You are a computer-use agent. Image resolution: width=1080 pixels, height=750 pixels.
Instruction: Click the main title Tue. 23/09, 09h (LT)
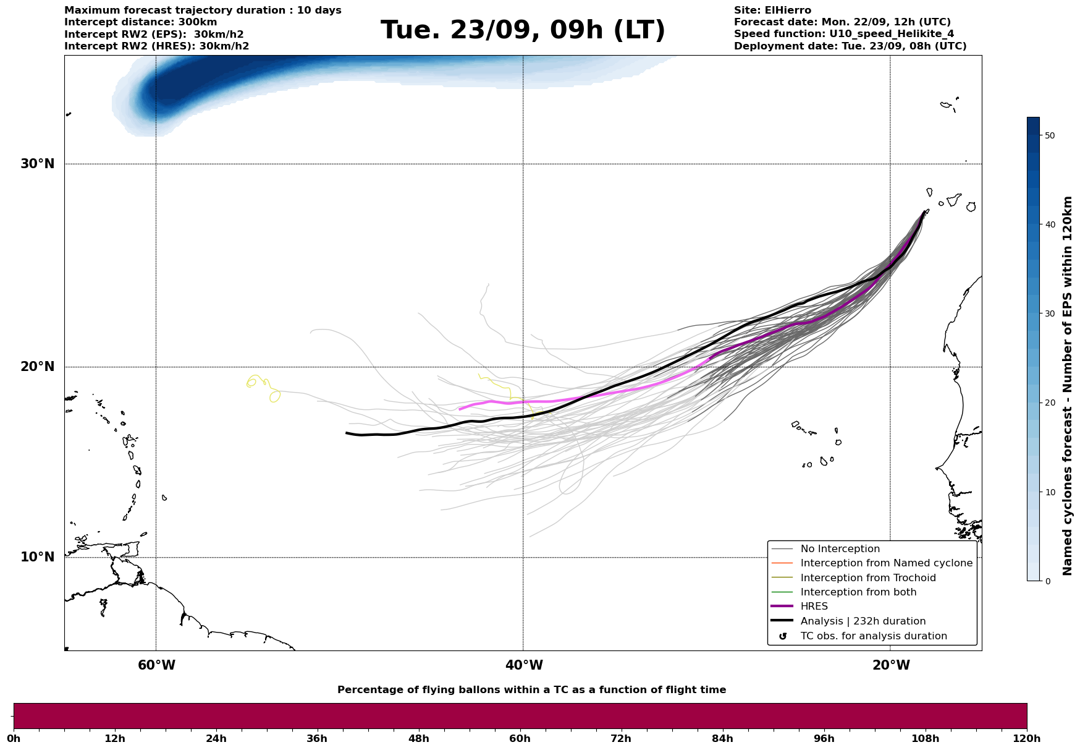coord(523,30)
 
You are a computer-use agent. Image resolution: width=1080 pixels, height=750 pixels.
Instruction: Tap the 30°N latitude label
coord(38,164)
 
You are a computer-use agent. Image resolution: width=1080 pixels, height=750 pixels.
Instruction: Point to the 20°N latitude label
coord(38,367)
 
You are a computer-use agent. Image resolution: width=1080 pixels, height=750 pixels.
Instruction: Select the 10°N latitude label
coord(38,557)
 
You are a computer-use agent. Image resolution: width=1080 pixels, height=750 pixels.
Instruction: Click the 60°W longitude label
coord(156,665)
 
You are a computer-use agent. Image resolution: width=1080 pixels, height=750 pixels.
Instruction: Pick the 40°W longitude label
coord(524,665)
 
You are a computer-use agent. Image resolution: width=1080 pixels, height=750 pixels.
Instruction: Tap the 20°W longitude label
coord(891,665)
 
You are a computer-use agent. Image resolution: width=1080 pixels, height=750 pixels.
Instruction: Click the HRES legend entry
coord(814,607)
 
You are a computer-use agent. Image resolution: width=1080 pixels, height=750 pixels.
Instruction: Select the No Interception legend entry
coord(840,549)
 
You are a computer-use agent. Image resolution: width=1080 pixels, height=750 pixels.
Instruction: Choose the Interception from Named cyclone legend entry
coord(886,563)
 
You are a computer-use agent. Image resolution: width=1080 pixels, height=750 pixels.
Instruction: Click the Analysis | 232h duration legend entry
coord(863,621)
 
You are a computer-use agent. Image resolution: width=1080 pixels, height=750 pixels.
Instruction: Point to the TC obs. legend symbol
coord(783,636)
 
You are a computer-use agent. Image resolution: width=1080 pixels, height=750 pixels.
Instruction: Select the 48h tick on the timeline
coord(418,738)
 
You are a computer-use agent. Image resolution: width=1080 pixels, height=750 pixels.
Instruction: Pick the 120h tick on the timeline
coord(1026,738)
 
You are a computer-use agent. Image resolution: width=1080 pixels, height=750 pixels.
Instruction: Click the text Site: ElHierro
coord(772,11)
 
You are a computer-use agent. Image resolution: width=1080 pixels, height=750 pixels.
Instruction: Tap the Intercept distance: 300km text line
coord(141,22)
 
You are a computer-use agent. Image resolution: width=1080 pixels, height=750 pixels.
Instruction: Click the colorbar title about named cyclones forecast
coord(1068,386)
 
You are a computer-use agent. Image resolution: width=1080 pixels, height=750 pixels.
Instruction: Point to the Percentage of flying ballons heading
coord(531,690)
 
